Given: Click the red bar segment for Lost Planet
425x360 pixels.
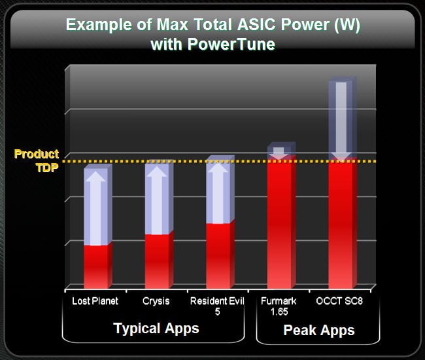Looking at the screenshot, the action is [98, 266].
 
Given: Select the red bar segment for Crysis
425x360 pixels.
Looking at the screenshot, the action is [159, 261].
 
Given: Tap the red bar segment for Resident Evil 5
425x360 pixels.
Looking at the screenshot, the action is [220, 255].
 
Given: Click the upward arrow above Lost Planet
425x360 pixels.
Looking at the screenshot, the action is [95, 208].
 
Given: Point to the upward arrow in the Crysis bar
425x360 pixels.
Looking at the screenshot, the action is [157, 200].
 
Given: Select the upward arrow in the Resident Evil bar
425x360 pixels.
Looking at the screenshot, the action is [218, 193].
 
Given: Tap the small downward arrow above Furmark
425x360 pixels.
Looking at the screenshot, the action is [279, 154].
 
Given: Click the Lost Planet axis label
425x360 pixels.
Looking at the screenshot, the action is [95, 301].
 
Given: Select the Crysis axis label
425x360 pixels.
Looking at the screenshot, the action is [156, 301].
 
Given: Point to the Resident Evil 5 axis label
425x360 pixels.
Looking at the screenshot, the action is [217, 306].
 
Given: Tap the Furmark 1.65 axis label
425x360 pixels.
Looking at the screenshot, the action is [279, 306].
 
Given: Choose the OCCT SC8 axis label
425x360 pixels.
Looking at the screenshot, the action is [339, 301].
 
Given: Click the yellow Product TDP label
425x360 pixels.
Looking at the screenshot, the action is [37, 160].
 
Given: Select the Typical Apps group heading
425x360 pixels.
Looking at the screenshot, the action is [156, 329].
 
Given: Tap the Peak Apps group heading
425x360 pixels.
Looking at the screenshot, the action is [319, 330].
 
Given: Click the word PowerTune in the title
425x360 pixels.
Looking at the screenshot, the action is [231, 44].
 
